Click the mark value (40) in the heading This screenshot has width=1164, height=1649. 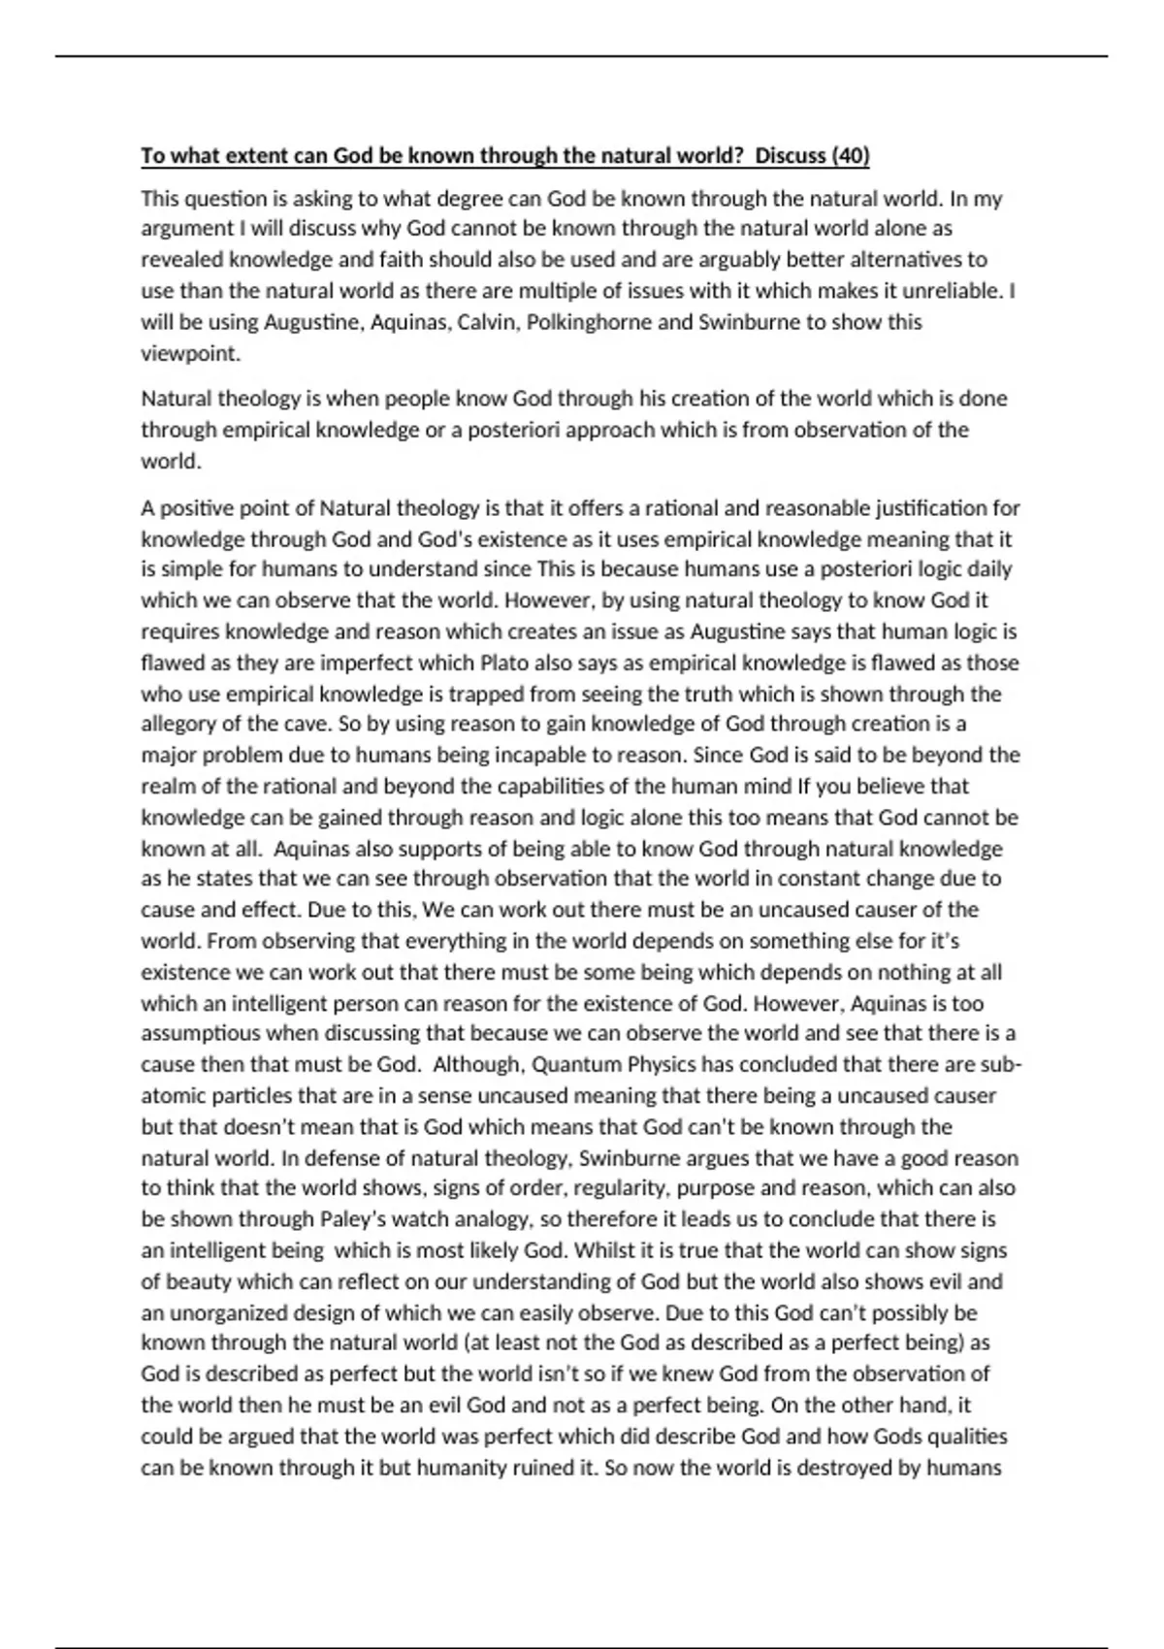(850, 155)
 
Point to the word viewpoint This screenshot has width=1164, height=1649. (190, 353)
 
